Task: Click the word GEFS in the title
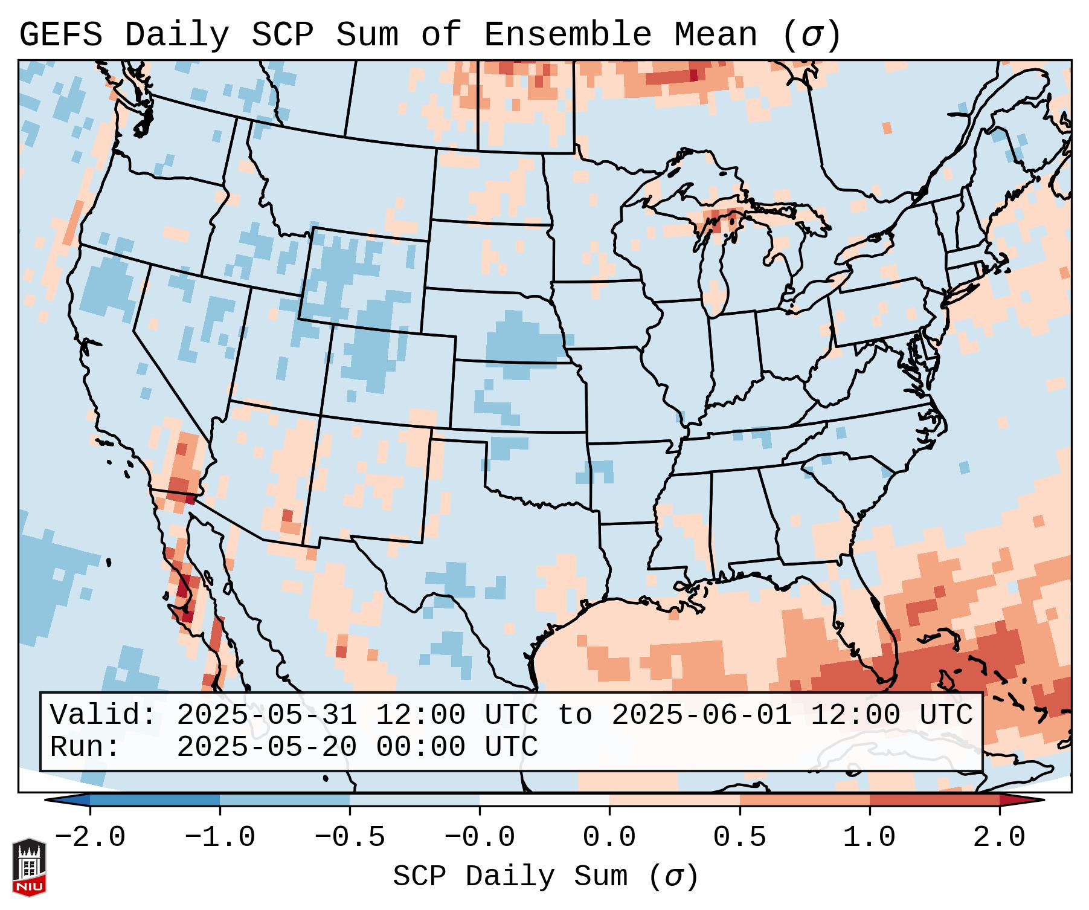coord(60,35)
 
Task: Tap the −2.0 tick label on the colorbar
coord(90,837)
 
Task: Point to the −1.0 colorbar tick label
coord(220,837)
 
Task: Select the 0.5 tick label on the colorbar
coord(740,837)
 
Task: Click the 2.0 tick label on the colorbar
coord(1000,837)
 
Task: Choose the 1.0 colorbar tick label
coord(870,837)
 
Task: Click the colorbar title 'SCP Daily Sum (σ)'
coord(545,877)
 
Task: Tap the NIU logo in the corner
coord(29,866)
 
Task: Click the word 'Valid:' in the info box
coord(103,715)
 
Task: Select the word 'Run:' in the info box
coord(85,747)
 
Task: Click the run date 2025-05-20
coord(266,747)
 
